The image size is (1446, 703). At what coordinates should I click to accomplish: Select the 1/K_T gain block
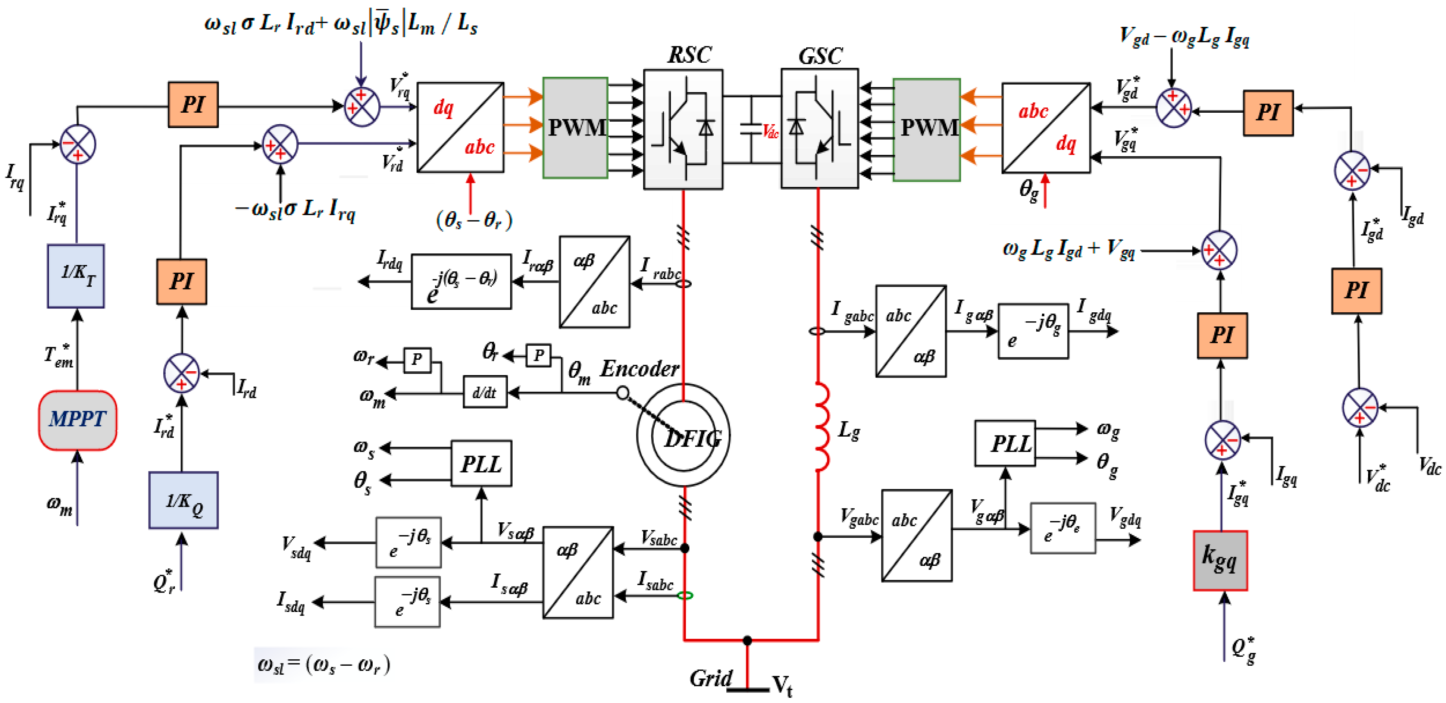pyautogui.click(x=76, y=276)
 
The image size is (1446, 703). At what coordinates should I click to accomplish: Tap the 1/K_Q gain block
pyautogui.click(x=183, y=500)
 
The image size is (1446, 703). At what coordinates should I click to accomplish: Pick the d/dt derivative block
pyautogui.click(x=485, y=392)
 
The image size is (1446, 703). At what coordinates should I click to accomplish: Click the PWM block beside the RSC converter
pyautogui.click(x=575, y=128)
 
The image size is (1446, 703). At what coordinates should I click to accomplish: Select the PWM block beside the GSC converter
pyautogui.click(x=926, y=129)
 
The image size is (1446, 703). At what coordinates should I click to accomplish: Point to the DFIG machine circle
pyautogui.click(x=683, y=435)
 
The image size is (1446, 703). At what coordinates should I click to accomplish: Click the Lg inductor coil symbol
pyautogui.click(x=821, y=427)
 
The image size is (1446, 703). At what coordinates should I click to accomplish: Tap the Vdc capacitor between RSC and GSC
pyautogui.click(x=751, y=129)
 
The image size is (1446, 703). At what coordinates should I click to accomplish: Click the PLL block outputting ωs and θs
pyautogui.click(x=481, y=463)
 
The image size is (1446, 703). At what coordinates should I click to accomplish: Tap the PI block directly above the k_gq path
pyautogui.click(x=1222, y=335)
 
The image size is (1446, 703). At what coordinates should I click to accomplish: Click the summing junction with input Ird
pyautogui.click(x=181, y=373)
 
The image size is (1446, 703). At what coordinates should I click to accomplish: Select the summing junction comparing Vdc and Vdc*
pyautogui.click(x=1359, y=407)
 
